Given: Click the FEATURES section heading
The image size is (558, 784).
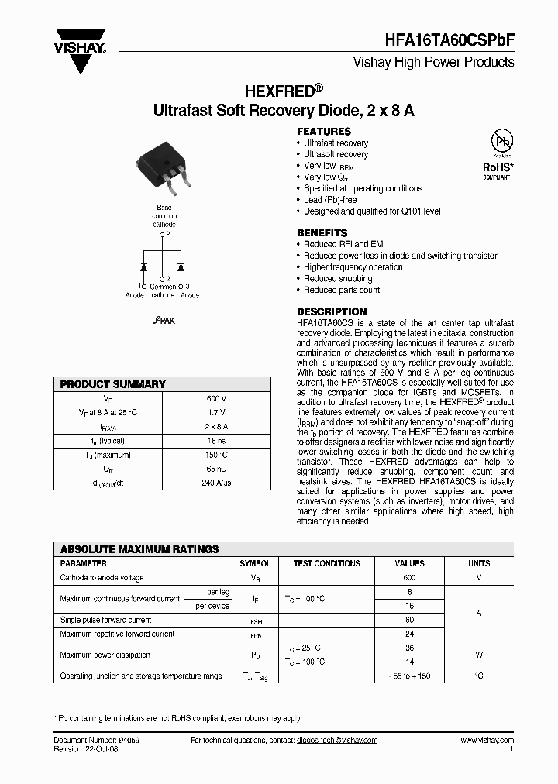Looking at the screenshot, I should point(324,131).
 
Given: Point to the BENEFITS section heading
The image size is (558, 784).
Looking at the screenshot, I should point(322,232).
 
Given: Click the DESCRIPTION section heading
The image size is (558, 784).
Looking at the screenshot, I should point(332,312).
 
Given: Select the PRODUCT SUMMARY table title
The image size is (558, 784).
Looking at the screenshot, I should point(113,384).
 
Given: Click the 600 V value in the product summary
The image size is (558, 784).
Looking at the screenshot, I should point(216,398).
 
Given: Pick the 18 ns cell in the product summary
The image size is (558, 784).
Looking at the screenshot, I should point(216,440).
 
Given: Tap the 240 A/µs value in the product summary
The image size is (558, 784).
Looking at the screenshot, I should point(216,482).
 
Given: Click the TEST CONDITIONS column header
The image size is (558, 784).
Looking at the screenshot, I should point(326,563).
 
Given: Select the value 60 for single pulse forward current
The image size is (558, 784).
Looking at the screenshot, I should point(409,620).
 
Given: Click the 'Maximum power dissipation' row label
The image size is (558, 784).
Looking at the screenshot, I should point(105,655).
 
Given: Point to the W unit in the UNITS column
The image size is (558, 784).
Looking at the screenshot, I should point(478,655).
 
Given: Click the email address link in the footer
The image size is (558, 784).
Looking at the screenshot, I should point(336,741).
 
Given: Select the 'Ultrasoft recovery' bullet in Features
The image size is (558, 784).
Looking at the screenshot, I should point(336,154).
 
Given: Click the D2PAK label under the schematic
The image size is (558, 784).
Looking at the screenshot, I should point(163,319).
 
